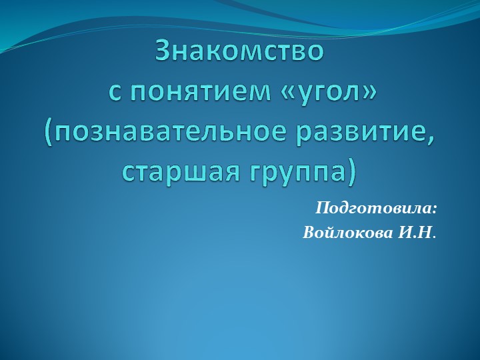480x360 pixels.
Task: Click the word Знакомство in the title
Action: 240,51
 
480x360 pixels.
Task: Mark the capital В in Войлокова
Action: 309,234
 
